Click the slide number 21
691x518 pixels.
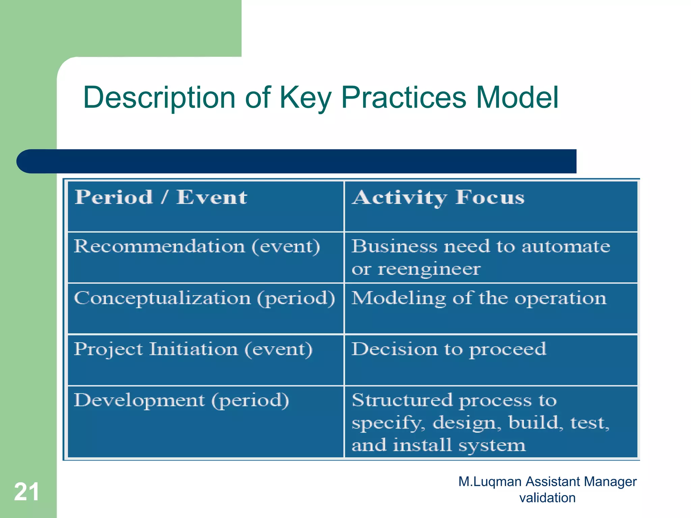[x=26, y=492]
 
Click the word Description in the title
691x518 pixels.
[x=159, y=98]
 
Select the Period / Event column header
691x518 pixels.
[x=161, y=198]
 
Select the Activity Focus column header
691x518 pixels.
[x=438, y=198]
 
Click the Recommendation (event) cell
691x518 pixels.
[x=197, y=247]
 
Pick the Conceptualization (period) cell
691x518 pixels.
[x=204, y=299]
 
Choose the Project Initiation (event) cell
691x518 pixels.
[x=193, y=349]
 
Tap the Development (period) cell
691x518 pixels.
[x=181, y=401]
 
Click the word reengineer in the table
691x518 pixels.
[x=429, y=269]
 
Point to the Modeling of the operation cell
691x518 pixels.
[x=478, y=299]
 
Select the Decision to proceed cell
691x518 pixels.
[x=449, y=349]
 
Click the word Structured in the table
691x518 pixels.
[x=402, y=400]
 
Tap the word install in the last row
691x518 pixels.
[x=422, y=445]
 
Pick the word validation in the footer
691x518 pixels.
[x=547, y=498]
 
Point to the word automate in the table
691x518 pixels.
[x=566, y=247]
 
